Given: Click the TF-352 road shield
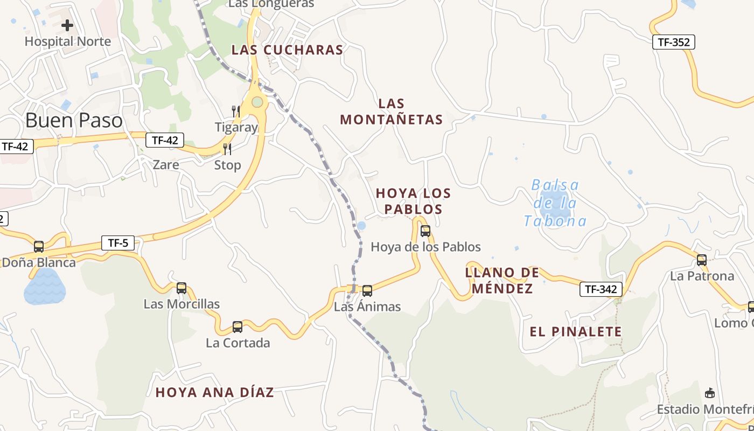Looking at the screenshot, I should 674,42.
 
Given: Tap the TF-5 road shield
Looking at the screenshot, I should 118,243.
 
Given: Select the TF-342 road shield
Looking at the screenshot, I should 601,289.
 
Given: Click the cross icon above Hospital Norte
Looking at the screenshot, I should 67,25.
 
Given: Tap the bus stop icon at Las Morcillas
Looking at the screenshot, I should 181,288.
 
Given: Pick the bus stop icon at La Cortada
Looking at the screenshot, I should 238,327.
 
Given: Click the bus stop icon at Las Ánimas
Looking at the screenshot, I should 367,291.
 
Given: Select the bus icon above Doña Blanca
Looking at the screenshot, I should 39,247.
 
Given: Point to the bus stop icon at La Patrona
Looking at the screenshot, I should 702,260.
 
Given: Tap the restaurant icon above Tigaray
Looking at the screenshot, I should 235,112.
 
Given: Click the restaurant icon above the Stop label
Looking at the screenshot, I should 227,149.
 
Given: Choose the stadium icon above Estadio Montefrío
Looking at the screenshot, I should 710,393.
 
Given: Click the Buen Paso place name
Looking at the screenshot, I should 74,120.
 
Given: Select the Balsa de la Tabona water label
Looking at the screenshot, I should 555,203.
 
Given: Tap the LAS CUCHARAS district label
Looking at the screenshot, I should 287,50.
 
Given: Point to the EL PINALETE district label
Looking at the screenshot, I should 576,332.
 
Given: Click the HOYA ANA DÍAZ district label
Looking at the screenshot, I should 214,393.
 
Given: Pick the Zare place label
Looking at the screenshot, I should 166,164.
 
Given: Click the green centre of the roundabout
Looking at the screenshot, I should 257,102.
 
